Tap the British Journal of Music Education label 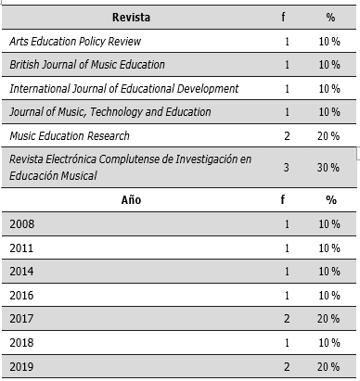click(87, 65)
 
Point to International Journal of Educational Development click(123, 88)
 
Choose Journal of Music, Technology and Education click(110, 111)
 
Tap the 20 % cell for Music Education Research click(330, 135)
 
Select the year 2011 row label click(22, 248)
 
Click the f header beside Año click(288, 199)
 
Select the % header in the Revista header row click(330, 17)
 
